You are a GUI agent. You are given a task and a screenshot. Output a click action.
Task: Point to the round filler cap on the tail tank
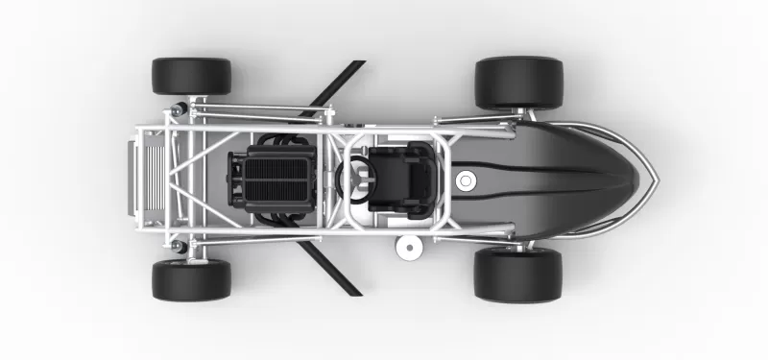467,180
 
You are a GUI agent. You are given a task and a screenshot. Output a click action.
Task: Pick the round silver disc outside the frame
409,248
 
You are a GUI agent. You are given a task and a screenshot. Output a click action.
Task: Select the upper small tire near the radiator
191,76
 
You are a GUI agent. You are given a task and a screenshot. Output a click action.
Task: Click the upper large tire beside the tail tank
518,82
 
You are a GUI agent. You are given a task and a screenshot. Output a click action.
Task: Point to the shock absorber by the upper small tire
180,105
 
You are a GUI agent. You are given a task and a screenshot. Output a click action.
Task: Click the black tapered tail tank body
557,180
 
